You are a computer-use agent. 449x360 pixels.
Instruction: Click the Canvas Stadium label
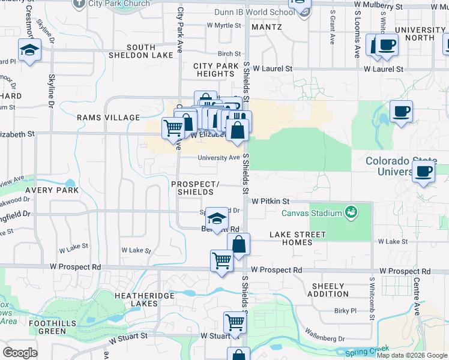[x=310, y=211]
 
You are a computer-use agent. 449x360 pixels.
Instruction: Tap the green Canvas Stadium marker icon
[x=350, y=211]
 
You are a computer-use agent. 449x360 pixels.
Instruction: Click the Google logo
[x=20, y=353]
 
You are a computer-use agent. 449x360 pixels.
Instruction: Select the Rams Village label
[x=108, y=118]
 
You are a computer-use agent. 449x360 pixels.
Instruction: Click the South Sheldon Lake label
[x=133, y=52]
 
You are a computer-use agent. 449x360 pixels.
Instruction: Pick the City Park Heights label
[x=214, y=70]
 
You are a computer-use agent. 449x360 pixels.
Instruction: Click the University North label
[x=420, y=34]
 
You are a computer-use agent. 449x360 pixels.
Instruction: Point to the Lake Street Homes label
[x=298, y=238]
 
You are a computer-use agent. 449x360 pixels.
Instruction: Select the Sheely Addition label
[x=327, y=289]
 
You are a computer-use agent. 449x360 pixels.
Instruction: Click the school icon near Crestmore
[x=28, y=50]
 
